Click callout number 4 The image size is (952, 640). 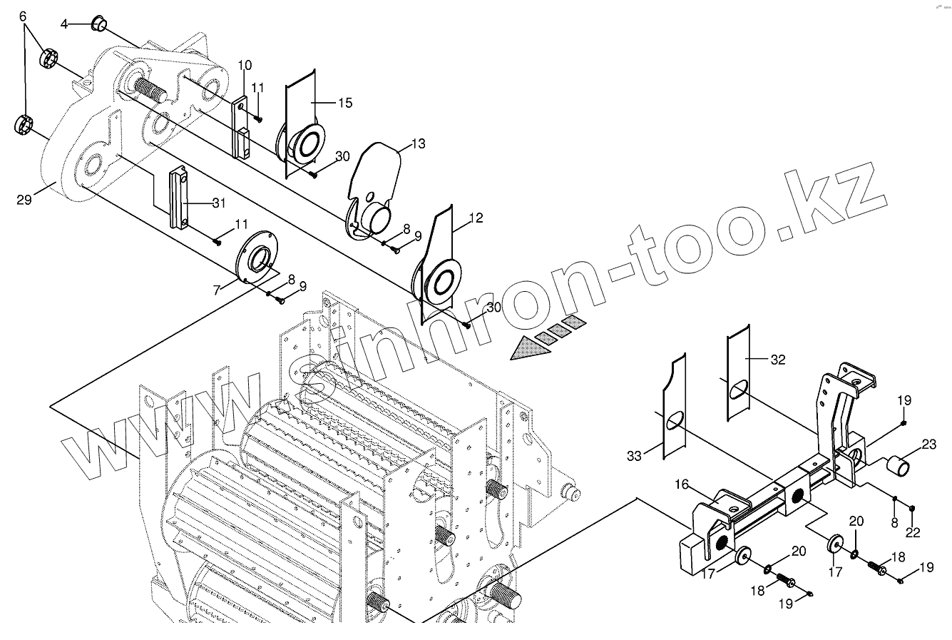[x=64, y=24]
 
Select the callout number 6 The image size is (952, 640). [x=23, y=15]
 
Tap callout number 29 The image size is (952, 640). [x=24, y=200]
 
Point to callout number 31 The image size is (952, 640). [x=218, y=203]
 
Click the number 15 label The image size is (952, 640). [x=344, y=103]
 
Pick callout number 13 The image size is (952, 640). [x=417, y=144]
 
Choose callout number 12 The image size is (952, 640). [x=476, y=217]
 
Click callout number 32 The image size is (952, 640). [x=777, y=360]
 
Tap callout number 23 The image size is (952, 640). [x=928, y=445]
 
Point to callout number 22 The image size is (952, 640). [x=913, y=532]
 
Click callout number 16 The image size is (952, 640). [x=682, y=484]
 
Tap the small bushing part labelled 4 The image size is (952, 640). [x=98, y=26]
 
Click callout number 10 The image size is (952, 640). [x=245, y=66]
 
